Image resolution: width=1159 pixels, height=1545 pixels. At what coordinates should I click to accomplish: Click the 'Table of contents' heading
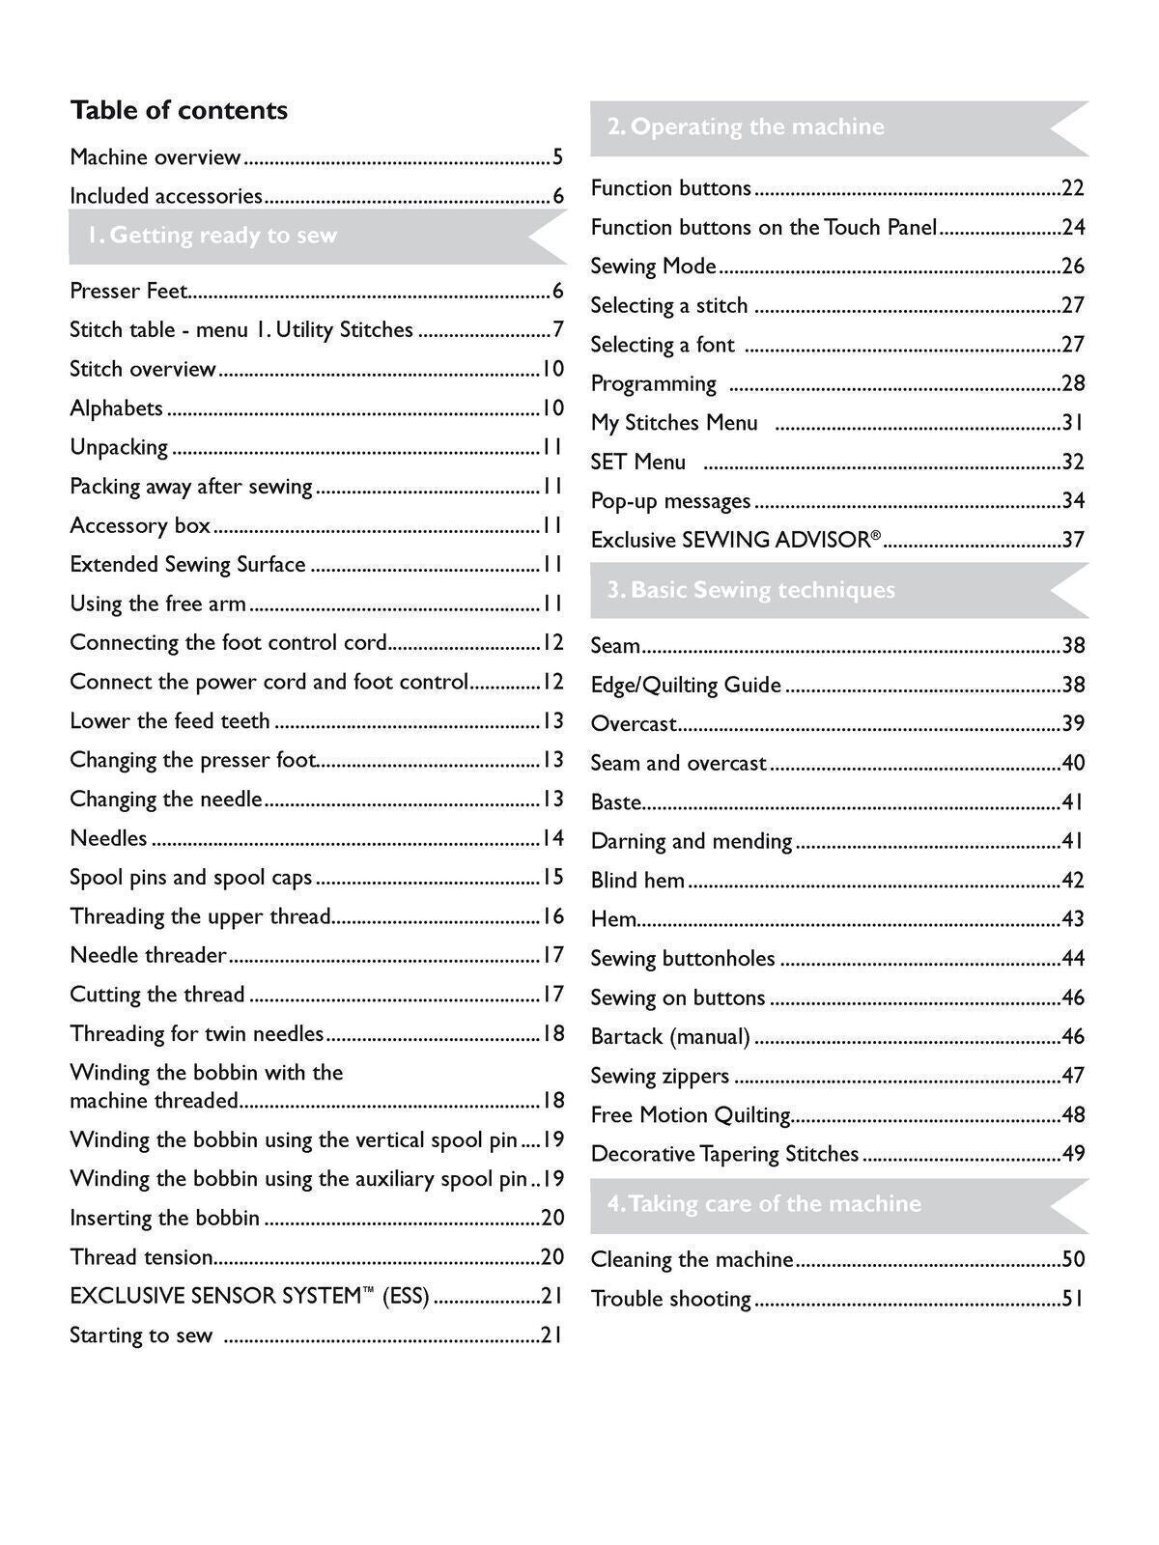(179, 111)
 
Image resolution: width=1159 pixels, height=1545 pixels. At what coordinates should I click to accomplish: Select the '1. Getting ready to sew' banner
(212, 236)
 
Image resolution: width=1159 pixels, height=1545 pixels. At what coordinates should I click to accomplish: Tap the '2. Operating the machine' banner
(746, 127)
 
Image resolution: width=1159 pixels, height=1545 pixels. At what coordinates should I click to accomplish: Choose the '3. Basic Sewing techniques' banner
(751, 590)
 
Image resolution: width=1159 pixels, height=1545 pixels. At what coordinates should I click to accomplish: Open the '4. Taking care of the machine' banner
(764, 1204)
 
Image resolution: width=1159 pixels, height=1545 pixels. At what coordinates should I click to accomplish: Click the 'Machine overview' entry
(155, 157)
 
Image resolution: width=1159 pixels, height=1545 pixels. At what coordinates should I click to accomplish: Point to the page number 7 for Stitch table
(557, 330)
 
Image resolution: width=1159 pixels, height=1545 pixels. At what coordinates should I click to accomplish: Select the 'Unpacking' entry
(119, 448)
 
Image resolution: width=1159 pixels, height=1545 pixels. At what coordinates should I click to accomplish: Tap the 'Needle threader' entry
(148, 956)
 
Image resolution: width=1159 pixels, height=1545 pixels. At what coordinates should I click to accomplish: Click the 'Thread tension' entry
(141, 1257)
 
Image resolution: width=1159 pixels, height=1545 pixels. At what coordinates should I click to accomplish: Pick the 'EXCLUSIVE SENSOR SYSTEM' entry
(249, 1297)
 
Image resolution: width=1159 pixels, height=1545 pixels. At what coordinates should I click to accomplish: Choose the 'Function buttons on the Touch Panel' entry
(763, 228)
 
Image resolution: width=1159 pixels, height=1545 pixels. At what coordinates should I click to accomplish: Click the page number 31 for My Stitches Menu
(1073, 423)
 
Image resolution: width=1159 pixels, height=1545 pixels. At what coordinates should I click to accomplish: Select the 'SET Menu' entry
(638, 463)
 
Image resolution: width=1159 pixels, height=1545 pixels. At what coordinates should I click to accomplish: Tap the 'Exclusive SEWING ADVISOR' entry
(735, 540)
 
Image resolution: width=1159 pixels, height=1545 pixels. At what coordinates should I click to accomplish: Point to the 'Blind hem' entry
(637, 881)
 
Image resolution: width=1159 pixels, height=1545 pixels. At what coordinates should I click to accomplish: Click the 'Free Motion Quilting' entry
(691, 1115)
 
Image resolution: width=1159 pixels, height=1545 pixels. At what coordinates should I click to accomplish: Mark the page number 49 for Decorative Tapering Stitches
(1073, 1154)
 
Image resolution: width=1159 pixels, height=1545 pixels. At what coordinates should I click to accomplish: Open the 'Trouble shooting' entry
(670, 1300)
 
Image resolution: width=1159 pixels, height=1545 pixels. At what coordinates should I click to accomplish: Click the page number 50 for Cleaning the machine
(1073, 1259)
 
